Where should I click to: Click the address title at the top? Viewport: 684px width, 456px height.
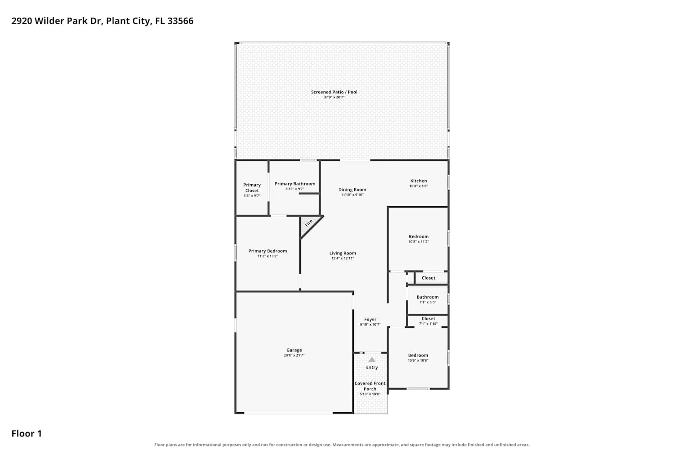click(102, 21)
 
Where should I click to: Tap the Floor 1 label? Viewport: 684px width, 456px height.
click(26, 433)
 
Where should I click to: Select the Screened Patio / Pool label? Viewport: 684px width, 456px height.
click(334, 92)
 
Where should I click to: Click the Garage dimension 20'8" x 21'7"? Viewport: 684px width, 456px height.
click(294, 355)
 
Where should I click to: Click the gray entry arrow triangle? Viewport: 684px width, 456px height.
click(372, 359)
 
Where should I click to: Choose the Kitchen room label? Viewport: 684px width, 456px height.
click(419, 181)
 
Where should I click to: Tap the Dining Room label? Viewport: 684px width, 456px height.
click(352, 190)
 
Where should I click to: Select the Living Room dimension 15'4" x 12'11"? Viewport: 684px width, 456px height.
click(342, 258)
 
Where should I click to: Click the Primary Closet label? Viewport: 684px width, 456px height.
click(252, 187)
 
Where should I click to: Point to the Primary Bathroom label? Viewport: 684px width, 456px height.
click(295, 184)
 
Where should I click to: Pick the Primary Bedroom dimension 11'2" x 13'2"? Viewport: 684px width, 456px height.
click(268, 256)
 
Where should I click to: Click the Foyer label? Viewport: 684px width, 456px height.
click(370, 319)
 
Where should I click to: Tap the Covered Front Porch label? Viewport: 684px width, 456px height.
click(370, 386)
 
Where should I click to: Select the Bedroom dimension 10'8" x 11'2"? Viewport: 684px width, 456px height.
click(419, 241)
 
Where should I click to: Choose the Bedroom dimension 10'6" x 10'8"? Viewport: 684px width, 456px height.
click(418, 360)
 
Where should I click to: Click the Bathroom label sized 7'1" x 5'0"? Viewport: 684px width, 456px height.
click(428, 297)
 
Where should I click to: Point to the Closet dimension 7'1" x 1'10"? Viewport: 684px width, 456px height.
click(428, 323)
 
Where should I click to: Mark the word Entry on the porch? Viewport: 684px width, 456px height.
click(372, 368)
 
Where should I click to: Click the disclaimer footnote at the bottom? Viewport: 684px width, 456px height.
click(342, 445)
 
